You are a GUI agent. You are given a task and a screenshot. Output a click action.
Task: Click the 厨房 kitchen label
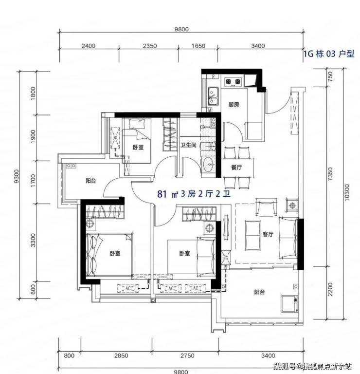[x=234, y=105]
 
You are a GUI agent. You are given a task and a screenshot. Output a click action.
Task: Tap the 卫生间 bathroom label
[x=188, y=145]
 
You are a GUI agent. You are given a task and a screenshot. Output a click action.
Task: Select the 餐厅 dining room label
[x=236, y=167]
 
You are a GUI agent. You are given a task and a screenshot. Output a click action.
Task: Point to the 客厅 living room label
[x=268, y=234]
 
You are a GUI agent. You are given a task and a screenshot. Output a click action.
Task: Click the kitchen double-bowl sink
[x=213, y=96]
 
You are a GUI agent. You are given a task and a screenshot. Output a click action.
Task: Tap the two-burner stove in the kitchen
[x=233, y=82]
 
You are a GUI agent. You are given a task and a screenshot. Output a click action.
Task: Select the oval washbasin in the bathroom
[x=209, y=164]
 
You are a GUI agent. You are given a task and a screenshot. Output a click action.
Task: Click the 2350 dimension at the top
[x=150, y=46]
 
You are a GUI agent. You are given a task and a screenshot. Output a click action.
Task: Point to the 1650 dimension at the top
[x=198, y=46]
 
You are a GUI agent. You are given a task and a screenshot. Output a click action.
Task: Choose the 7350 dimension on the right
[x=330, y=174]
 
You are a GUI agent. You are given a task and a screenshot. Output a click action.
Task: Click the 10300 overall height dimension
[x=347, y=192]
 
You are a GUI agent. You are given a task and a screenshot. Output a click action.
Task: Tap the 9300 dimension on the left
[x=16, y=176]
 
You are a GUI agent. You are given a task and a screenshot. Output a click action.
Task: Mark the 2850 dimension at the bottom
[x=121, y=355]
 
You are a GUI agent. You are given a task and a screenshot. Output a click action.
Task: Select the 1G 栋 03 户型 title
[x=329, y=54]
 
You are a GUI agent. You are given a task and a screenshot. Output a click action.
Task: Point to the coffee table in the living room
[x=253, y=235]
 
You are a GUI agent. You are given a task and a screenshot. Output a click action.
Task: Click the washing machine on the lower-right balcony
[x=289, y=304]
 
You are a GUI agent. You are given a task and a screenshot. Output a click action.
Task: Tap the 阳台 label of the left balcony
[x=91, y=181]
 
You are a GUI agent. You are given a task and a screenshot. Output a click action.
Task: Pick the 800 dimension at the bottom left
[x=69, y=355]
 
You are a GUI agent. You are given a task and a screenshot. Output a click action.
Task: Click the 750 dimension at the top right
[x=330, y=77]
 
